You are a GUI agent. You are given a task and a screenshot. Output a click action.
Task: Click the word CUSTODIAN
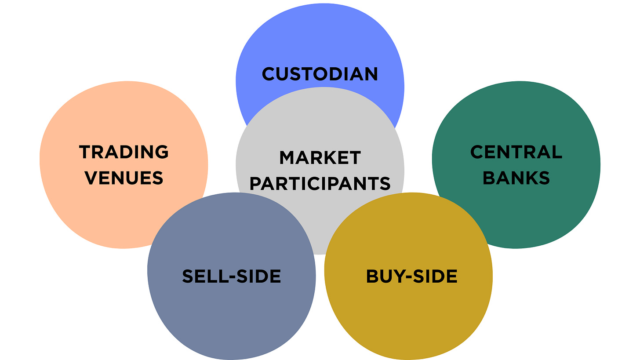point(320,74)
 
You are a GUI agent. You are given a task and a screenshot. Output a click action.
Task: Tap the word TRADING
point(124,152)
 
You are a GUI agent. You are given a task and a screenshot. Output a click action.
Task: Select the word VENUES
point(124,178)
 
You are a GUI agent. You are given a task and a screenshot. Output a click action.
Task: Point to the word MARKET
point(320,157)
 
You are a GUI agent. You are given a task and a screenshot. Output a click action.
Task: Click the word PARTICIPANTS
point(320,183)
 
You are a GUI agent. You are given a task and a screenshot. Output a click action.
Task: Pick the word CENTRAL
point(516,152)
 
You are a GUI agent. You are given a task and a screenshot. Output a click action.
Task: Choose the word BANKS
point(516,178)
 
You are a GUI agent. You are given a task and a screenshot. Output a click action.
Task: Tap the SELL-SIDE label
point(231,276)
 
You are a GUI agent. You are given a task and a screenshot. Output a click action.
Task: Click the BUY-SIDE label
point(411,276)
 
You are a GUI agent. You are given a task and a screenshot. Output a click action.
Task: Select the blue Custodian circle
point(320,40)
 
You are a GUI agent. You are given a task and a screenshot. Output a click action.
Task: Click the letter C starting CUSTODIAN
point(269,74)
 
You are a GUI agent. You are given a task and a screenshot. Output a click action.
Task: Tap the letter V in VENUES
point(92,178)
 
